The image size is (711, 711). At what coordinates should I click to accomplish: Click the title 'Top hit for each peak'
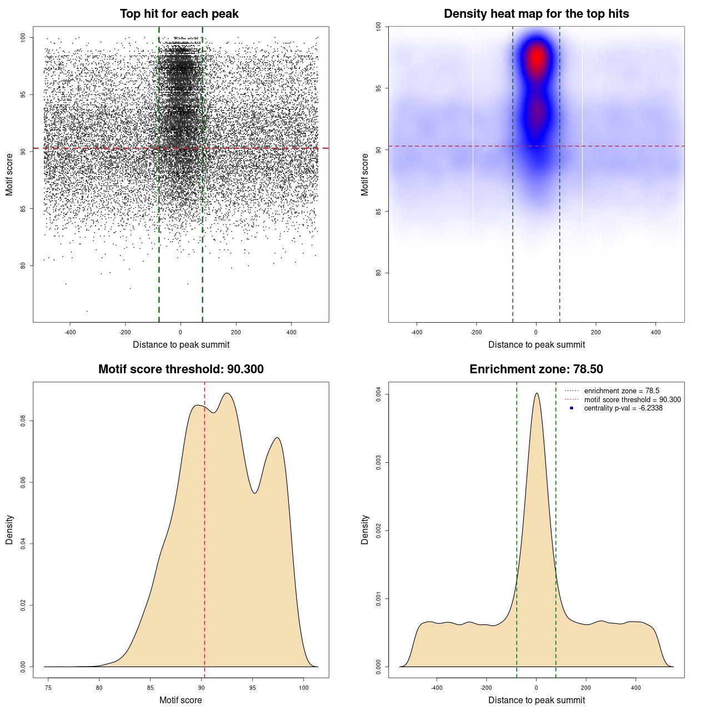tap(179, 14)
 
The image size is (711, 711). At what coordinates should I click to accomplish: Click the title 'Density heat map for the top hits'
tap(536, 14)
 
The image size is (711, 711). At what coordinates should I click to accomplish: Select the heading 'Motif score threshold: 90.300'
tap(181, 369)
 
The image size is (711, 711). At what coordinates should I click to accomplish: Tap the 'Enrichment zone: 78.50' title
tap(536, 369)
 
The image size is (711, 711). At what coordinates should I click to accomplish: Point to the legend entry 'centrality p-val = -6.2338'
tap(623, 408)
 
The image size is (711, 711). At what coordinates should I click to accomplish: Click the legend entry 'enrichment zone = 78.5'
tap(622, 391)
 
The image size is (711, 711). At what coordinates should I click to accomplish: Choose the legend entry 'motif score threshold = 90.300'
tap(632, 400)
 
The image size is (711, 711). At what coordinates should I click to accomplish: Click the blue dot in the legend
tap(572, 408)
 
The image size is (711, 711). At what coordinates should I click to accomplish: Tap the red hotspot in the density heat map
tap(537, 58)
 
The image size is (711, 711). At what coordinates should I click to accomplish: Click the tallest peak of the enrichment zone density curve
tap(537, 394)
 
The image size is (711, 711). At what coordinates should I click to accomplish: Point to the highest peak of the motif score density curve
tap(227, 393)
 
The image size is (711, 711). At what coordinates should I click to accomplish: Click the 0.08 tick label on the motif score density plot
tap(23, 421)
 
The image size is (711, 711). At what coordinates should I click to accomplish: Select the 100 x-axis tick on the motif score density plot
tap(303, 673)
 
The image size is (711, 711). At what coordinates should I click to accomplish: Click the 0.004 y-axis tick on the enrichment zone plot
tap(379, 394)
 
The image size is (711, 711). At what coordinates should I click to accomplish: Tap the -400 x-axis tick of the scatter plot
tap(70, 332)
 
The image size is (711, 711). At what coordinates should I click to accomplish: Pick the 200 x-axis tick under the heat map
tap(596, 332)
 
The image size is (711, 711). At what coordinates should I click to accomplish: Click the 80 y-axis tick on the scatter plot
tap(23, 266)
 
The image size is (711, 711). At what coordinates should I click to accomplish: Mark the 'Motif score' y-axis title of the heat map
tap(365, 174)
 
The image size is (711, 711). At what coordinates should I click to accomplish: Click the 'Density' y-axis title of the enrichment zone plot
tap(365, 529)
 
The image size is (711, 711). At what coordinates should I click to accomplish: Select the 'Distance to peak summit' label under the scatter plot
tap(181, 345)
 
